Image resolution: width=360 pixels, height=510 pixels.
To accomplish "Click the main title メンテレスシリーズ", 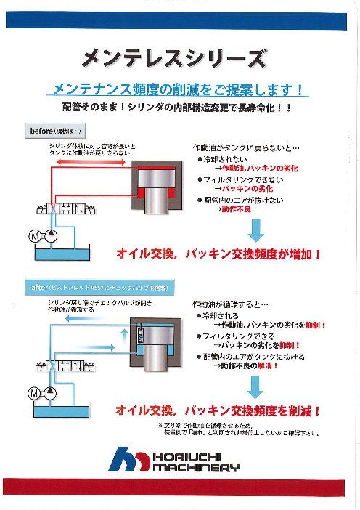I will click(174, 58).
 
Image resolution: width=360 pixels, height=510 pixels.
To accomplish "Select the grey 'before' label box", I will click(57, 130).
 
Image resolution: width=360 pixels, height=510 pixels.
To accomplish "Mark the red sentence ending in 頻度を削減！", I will click(218, 411).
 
